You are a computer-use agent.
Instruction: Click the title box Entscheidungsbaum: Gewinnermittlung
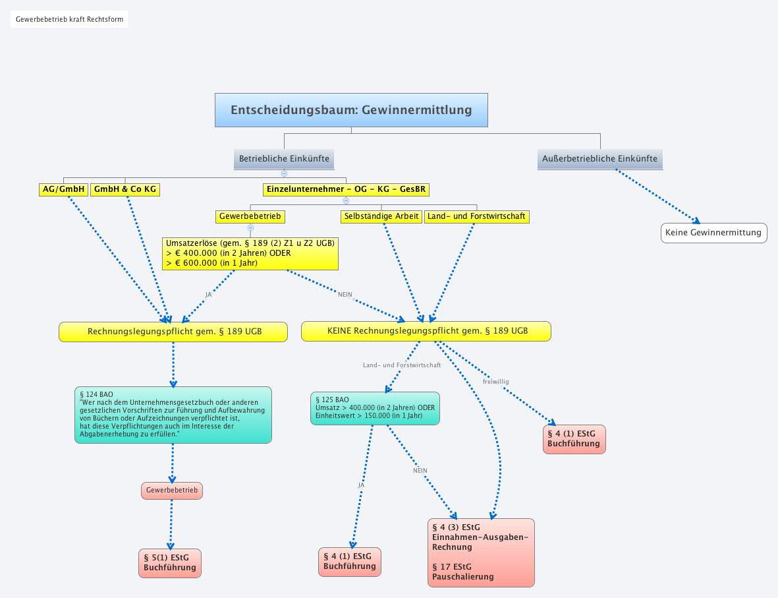[x=351, y=110]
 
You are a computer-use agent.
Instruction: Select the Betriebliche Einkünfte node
[x=284, y=159]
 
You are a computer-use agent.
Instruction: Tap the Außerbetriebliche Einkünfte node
[x=599, y=159]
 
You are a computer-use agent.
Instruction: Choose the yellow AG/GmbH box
[x=63, y=190]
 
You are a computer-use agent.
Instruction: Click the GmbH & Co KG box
[x=125, y=190]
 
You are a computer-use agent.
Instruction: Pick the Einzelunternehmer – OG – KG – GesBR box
[x=346, y=190]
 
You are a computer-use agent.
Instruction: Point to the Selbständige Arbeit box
[x=381, y=216]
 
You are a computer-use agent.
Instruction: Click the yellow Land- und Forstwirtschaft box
[x=476, y=216]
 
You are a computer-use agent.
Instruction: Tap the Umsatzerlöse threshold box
[x=250, y=253]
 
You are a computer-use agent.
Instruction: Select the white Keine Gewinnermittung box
[x=713, y=233]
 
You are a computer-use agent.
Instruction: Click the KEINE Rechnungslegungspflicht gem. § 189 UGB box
[x=426, y=332]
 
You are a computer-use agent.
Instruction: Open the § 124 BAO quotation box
[x=173, y=415]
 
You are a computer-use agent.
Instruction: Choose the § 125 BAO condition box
[x=375, y=408]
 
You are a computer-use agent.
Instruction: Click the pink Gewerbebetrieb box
[x=172, y=491]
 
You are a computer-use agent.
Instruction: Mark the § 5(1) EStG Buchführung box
[x=170, y=563]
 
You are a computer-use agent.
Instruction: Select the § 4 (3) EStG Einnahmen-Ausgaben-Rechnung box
[x=481, y=553]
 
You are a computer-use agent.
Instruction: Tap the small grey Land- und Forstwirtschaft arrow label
[x=402, y=365]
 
